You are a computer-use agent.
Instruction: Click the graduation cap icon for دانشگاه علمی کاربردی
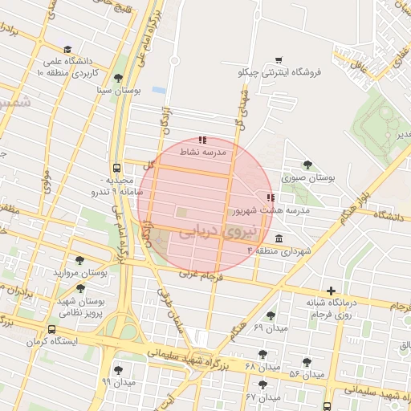[x=67, y=49]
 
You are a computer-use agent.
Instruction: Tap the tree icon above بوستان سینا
[x=119, y=78]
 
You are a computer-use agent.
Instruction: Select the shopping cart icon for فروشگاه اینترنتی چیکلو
[x=279, y=59]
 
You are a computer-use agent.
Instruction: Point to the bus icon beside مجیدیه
[x=118, y=169]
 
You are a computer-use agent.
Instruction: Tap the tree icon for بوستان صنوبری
[x=307, y=165]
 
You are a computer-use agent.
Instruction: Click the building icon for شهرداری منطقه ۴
[x=278, y=239]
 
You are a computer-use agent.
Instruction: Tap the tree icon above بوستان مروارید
[x=79, y=260]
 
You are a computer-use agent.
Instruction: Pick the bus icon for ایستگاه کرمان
[x=52, y=329]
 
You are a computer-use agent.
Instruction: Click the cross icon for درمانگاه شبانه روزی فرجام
[x=331, y=291]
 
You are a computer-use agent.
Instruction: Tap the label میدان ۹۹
[x=119, y=382]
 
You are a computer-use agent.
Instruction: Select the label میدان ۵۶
[x=307, y=374]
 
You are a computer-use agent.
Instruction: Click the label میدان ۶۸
[x=262, y=366]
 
